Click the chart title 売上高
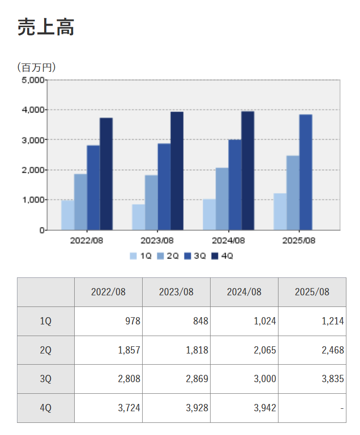[46, 28]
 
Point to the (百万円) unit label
[36, 67]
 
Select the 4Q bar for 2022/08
[106, 174]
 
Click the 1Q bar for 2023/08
[138, 217]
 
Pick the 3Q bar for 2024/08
[235, 184]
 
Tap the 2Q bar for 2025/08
[293, 193]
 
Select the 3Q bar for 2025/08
[306, 172]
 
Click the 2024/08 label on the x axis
[229, 241]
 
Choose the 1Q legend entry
[141, 256]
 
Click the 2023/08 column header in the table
[176, 292]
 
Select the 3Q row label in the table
[46, 379]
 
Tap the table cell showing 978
[108, 321]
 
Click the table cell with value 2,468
[312, 350]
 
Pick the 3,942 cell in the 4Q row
[244, 408]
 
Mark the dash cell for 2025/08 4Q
[312, 408]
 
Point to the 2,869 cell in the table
[176, 379]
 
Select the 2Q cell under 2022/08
[108, 350]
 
